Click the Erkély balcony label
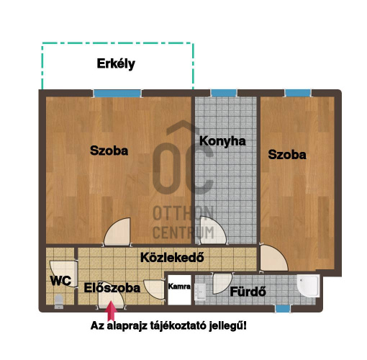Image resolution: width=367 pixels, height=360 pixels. pyautogui.click(x=116, y=64)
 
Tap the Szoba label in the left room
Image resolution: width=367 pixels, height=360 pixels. pyautogui.click(x=109, y=151)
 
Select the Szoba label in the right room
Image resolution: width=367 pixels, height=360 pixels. pyautogui.click(x=287, y=154)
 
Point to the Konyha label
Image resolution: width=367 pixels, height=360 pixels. pyautogui.click(x=222, y=141)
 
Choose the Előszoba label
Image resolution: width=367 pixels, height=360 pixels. pyautogui.click(x=112, y=287)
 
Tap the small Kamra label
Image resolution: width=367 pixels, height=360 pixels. pyautogui.click(x=178, y=287)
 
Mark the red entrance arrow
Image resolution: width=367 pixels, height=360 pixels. pyautogui.click(x=110, y=311)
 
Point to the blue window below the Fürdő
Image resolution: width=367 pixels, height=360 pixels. pyautogui.click(x=283, y=308)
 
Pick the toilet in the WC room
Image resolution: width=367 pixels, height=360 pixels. pyautogui.click(x=58, y=302)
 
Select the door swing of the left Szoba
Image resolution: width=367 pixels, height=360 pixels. pyautogui.click(x=118, y=233)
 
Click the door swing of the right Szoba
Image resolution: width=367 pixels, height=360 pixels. pyautogui.click(x=273, y=257)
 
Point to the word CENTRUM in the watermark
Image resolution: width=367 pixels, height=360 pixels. pyautogui.click(x=183, y=232)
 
